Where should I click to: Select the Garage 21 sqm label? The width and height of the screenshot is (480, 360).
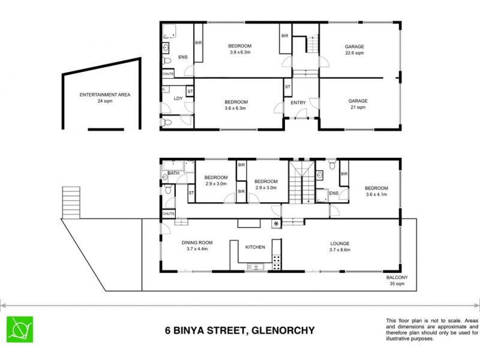[x=356, y=104]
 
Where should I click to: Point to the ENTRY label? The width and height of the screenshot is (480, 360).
[x=298, y=103]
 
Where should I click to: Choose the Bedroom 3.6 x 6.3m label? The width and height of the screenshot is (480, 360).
[x=236, y=106]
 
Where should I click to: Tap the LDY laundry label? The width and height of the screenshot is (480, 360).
[x=178, y=98]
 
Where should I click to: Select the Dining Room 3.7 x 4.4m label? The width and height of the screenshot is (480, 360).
[x=194, y=246]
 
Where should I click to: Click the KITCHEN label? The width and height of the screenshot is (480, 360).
[x=255, y=247]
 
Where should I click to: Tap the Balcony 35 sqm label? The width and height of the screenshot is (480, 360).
[x=397, y=281]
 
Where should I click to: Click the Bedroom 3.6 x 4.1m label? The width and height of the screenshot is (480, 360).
[x=376, y=190]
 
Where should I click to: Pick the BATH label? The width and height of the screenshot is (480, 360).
[x=173, y=173]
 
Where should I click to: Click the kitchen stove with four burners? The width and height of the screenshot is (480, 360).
[x=277, y=262]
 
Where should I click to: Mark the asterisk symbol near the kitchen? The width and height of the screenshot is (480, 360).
[x=276, y=224]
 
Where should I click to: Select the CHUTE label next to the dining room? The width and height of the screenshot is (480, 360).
[x=168, y=214]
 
